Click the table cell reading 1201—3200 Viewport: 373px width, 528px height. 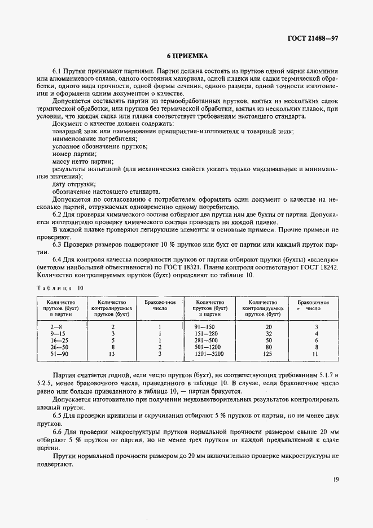(x=209, y=354)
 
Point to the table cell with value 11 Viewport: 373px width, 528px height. (x=316, y=354)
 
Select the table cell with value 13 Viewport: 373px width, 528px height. (x=112, y=354)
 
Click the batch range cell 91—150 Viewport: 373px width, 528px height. (x=209, y=327)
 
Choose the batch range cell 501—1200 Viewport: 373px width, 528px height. (x=209, y=347)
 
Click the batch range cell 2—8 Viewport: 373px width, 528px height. (x=56, y=327)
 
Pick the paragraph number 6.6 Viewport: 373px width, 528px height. (x=58, y=431)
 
